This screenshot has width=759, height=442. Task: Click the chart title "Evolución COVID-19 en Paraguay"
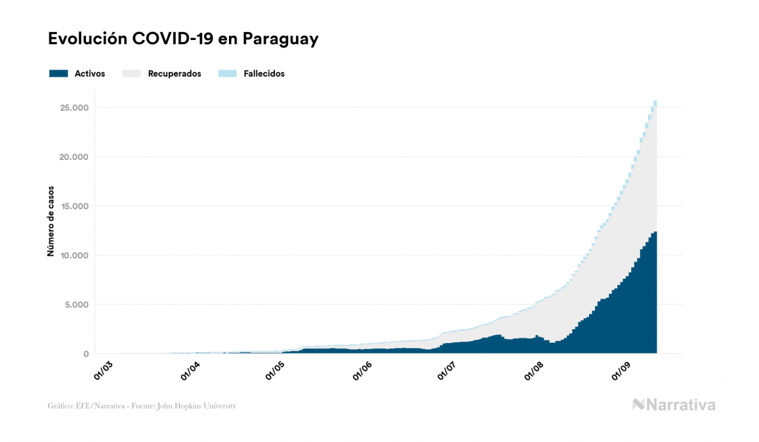tap(183, 39)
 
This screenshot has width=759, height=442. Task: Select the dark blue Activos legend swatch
tap(58, 73)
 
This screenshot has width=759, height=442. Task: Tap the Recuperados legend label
tap(174, 73)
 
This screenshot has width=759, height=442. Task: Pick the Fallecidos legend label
tap(264, 73)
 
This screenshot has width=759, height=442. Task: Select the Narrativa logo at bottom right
tap(674, 405)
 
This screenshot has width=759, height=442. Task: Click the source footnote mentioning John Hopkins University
tap(142, 406)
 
